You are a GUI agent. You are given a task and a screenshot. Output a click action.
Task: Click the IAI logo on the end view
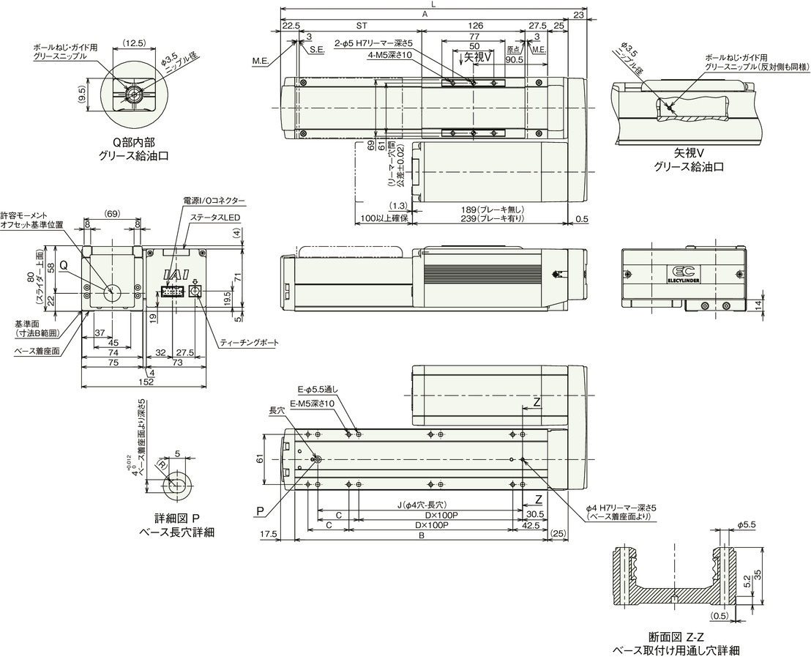(176, 274)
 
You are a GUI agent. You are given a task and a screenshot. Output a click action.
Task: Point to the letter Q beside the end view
(64, 265)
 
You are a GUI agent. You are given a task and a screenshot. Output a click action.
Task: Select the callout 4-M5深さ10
(392, 55)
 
